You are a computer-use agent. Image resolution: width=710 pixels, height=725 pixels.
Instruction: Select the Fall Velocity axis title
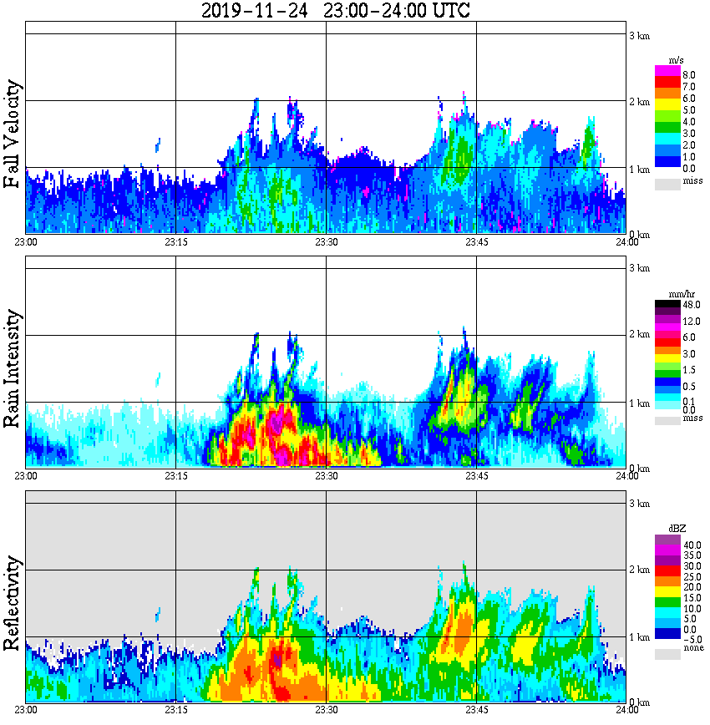click(x=13, y=134)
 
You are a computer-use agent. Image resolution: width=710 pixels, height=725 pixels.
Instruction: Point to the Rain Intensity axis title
click(x=13, y=369)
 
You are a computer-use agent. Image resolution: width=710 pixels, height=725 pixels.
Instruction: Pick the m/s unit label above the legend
click(x=677, y=60)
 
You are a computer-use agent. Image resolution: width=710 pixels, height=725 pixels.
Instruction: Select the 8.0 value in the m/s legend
click(x=689, y=75)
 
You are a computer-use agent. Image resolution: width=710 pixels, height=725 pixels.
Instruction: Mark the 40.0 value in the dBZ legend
click(x=691, y=543)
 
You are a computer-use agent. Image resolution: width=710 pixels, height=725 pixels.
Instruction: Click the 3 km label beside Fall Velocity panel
click(x=639, y=35)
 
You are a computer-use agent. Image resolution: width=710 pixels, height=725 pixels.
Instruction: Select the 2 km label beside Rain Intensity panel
click(x=639, y=335)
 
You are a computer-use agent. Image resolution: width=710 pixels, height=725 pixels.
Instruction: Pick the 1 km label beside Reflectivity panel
click(x=639, y=636)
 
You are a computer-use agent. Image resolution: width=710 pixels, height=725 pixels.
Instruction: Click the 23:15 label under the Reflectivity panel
click(x=175, y=710)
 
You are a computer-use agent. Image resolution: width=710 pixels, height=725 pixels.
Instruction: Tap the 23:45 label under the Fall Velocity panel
click(x=476, y=242)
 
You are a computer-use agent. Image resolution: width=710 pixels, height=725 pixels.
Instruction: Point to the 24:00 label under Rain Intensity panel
click(x=627, y=476)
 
